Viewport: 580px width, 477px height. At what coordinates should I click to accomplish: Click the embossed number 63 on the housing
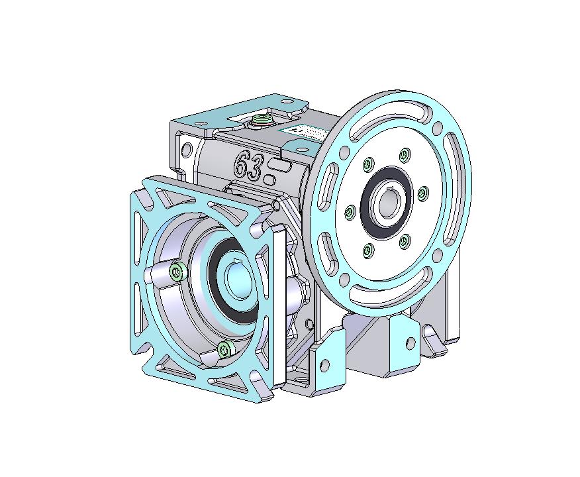coord(247,164)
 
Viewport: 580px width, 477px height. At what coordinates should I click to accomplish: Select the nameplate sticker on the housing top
coord(306,132)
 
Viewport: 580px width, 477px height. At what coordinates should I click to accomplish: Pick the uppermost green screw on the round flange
coord(403,156)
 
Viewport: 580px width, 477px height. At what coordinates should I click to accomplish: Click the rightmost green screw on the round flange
coord(422,193)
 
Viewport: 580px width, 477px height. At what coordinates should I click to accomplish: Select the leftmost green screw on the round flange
coord(348,212)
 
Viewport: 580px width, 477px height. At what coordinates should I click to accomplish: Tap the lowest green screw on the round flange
coord(367,249)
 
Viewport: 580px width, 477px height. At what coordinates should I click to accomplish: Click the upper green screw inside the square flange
coord(177,270)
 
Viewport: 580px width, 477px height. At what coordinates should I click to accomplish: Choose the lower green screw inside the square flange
coord(224,348)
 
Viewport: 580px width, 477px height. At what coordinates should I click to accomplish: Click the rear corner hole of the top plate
coord(286,102)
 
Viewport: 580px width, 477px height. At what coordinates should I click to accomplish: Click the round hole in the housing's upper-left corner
coord(187,147)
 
